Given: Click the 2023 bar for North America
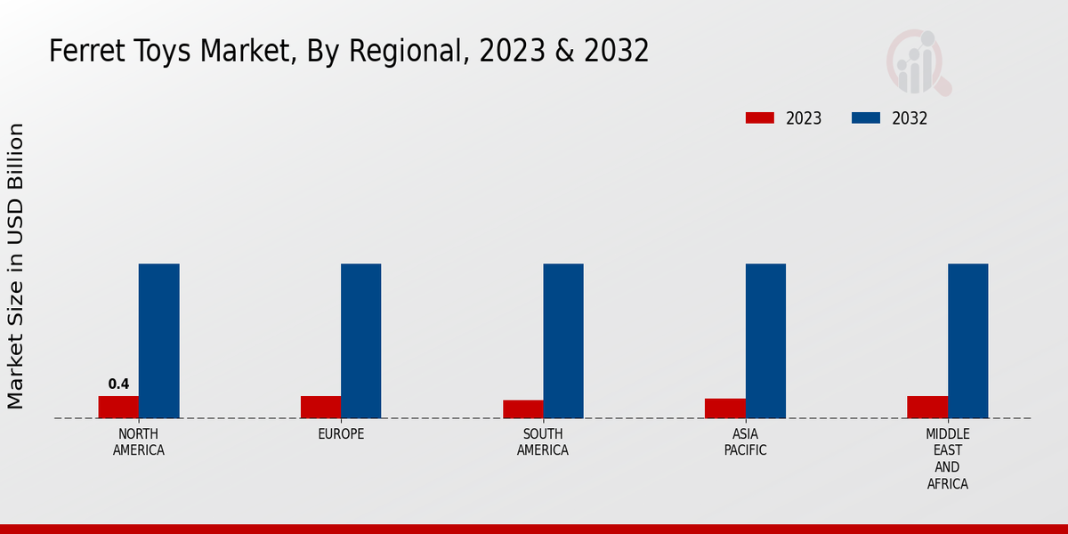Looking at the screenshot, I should coord(118,407).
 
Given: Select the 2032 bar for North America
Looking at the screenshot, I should coord(158,341).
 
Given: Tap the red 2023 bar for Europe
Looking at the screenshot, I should coord(320,407).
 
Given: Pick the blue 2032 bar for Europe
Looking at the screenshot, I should coord(360,341).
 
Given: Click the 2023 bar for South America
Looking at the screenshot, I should coord(522,409).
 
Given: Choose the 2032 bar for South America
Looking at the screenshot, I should coord(563,341).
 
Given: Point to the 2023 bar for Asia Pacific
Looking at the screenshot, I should coord(724,408).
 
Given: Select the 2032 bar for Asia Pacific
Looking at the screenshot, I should coord(765,341).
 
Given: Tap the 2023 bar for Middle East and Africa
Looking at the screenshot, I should coord(927,407).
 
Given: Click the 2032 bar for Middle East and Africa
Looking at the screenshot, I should coord(967,341).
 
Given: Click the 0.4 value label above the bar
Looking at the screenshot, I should coord(118,384).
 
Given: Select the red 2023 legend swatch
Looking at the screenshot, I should coord(760,118).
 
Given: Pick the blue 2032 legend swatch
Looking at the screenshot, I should coord(866,118).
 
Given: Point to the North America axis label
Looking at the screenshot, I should coord(138,442).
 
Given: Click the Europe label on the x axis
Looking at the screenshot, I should coord(341,434).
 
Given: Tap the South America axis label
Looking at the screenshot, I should coord(543,442).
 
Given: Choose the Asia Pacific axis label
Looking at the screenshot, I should coord(745,442).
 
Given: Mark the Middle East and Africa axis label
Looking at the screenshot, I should coord(947,459).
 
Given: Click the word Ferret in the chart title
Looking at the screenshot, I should coord(82,52).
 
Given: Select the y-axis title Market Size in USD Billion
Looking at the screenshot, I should coord(16,267).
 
